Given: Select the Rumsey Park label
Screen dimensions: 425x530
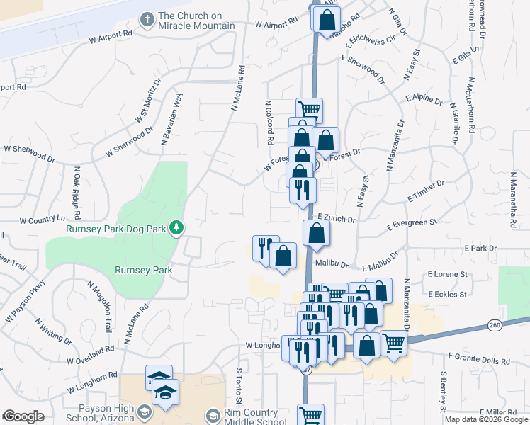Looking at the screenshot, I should click(144, 269).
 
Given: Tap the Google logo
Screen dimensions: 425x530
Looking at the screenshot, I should click(23, 416).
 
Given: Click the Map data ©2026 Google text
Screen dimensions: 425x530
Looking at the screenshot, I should click(486, 419).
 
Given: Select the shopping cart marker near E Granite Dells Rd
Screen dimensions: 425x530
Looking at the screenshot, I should click(394, 343).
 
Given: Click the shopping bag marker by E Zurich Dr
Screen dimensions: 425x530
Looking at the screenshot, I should click(316, 232).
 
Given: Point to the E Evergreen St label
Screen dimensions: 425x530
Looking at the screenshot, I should click(412, 225).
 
